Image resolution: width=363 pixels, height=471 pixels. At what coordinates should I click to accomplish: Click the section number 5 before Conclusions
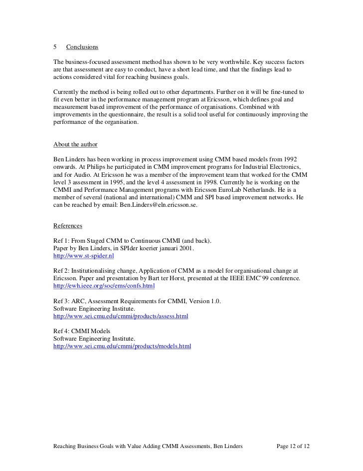tap(55, 47)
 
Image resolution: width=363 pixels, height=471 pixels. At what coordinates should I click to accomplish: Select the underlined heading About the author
tap(75, 145)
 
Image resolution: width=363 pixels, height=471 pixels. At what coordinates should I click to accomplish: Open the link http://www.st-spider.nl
tap(84, 256)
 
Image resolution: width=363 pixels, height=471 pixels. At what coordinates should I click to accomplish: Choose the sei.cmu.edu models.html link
tap(122, 346)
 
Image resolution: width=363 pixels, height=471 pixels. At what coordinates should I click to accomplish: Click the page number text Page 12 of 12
tap(293, 445)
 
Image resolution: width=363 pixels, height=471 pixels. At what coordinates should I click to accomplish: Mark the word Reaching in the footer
tap(66, 445)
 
